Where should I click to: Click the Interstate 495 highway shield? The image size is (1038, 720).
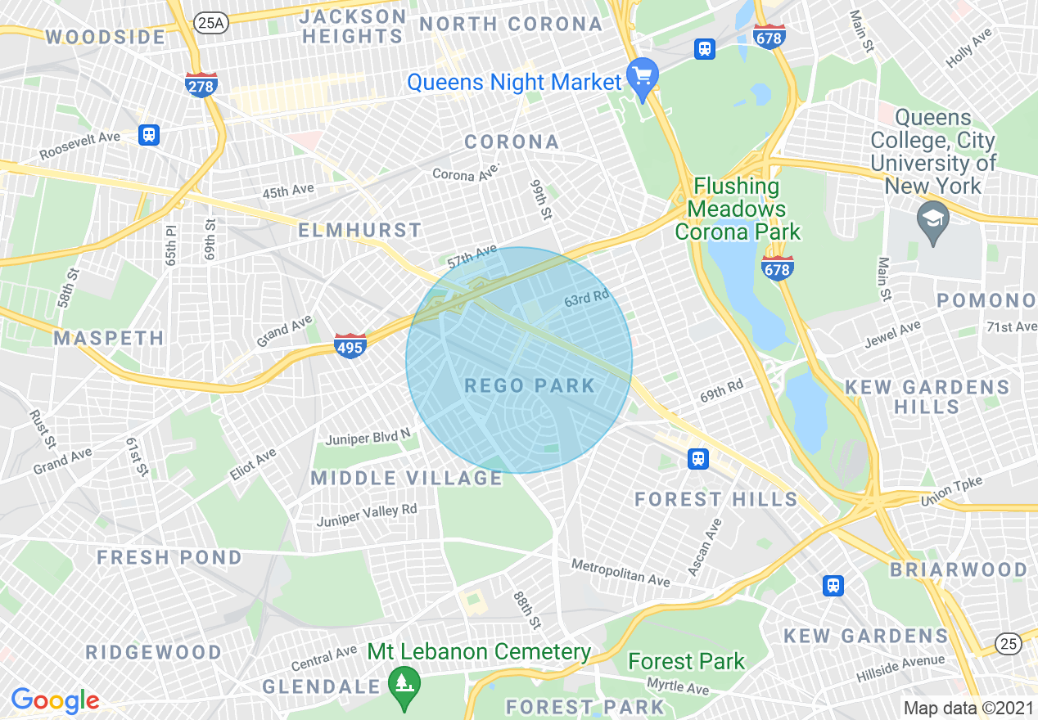point(349,344)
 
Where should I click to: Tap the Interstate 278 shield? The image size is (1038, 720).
point(201,84)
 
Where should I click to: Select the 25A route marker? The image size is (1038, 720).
point(210,23)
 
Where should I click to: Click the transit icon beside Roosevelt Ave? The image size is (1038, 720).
point(148,134)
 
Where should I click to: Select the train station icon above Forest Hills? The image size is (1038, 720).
point(698,458)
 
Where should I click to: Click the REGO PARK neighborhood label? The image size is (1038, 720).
point(530,385)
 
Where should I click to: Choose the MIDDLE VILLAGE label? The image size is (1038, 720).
point(406,478)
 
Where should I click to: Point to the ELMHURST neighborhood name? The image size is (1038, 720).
point(359,231)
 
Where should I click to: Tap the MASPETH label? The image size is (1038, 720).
point(109,338)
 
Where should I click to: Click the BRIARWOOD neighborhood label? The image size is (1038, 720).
point(958,569)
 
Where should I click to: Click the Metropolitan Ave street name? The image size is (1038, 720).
point(620,572)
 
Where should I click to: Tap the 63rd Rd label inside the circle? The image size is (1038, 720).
point(587,300)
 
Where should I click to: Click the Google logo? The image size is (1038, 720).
point(55,700)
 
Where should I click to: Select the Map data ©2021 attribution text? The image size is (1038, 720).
point(967,708)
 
